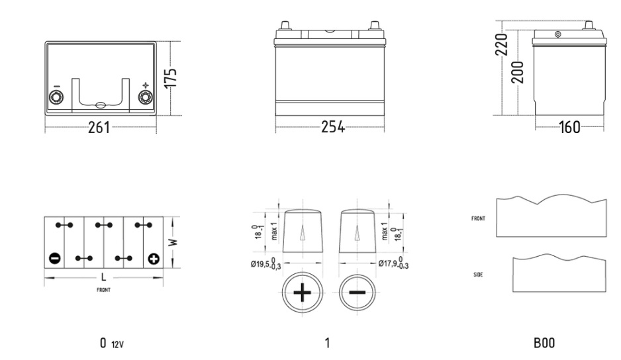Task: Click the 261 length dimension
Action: coord(99,128)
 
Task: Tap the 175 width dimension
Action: coord(171,78)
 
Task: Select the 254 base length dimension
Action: coord(332,127)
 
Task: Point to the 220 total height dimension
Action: coord(501,44)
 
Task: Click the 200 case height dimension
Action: coord(517,73)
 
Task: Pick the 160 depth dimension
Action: coord(569,127)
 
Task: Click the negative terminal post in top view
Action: coord(56,97)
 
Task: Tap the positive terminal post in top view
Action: coord(146,97)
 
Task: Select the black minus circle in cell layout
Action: coord(54,259)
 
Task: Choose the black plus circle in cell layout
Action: coord(154,259)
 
